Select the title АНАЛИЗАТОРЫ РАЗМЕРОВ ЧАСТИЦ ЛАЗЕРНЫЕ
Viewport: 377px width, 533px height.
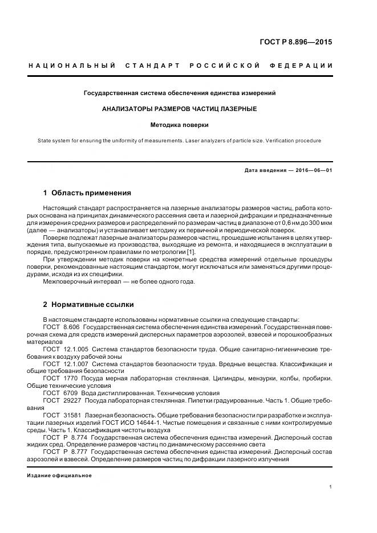[179, 108]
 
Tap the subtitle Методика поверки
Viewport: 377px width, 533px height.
[179, 124]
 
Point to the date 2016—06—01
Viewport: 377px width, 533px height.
[313, 170]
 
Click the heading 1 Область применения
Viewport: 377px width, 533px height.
[87, 193]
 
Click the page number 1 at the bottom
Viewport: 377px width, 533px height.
[331, 487]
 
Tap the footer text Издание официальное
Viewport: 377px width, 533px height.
[59, 475]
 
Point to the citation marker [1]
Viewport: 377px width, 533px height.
[192, 252]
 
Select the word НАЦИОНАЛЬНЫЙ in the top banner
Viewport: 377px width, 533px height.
[72, 66]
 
